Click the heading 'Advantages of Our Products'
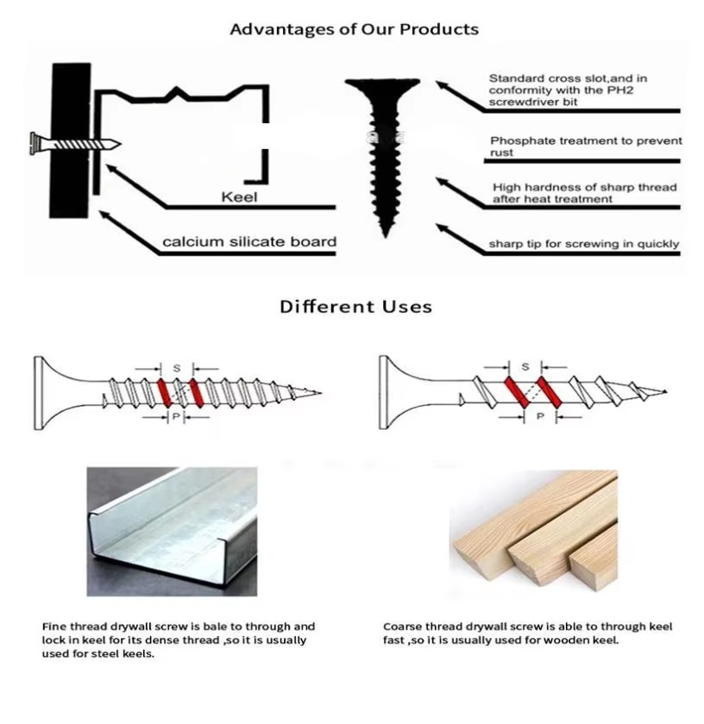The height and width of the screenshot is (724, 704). click(354, 29)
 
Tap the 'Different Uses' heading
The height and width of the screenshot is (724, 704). click(355, 307)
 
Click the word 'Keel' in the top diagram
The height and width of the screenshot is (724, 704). click(239, 197)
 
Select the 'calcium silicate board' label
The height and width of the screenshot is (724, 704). click(249, 241)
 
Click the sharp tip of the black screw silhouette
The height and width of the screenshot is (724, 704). click(386, 236)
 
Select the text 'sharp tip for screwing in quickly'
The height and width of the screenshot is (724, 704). click(584, 244)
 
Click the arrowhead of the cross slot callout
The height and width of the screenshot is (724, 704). click(440, 85)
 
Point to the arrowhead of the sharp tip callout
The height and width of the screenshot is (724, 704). click(440, 228)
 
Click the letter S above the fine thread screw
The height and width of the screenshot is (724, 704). click(177, 369)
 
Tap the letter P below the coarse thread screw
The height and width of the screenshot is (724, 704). click(540, 416)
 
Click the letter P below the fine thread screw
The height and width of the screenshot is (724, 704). click(176, 416)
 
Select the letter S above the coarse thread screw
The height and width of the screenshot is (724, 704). click(525, 366)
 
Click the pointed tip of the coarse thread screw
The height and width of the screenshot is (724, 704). click(665, 391)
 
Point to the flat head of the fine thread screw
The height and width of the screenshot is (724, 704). click(38, 393)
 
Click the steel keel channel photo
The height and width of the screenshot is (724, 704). click(172, 532)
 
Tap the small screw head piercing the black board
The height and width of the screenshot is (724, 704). click(34, 144)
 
